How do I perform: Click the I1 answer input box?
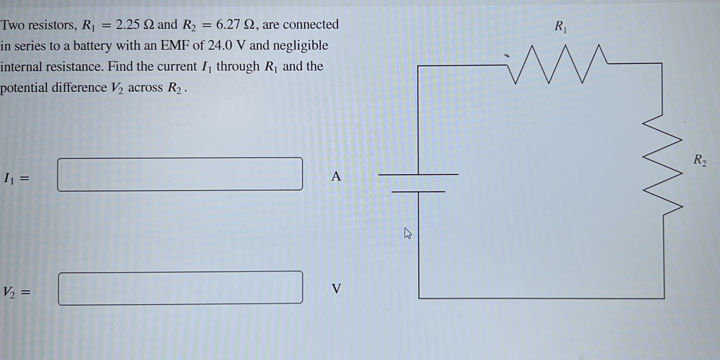tap(180, 174)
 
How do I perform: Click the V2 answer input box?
tap(180, 288)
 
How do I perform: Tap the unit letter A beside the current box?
tap(336, 176)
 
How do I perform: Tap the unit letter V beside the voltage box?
tap(336, 289)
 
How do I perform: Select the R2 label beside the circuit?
tap(700, 160)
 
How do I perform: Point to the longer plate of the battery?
tap(418, 174)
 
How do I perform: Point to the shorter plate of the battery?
tap(418, 192)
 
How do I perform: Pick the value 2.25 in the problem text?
tap(127, 25)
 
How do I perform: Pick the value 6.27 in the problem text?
tap(228, 24)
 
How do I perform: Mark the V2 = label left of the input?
tap(17, 292)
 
